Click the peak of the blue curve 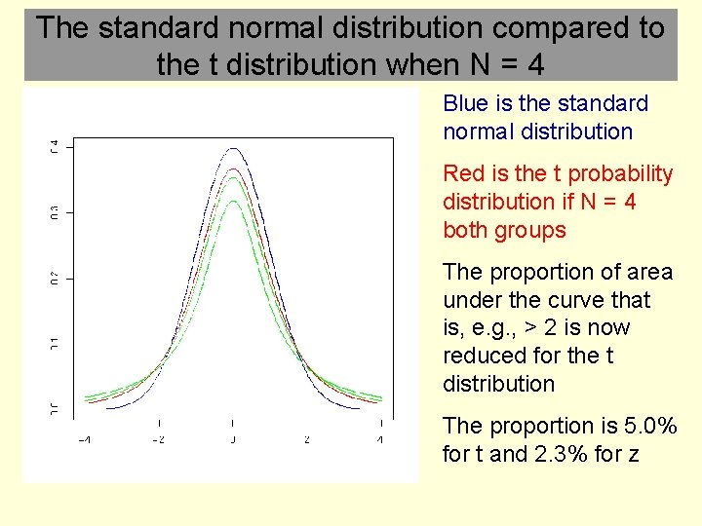[x=232, y=149]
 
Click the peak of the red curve [x=232, y=169]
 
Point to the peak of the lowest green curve [x=232, y=201]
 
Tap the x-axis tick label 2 [x=306, y=440]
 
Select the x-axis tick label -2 [x=159, y=440]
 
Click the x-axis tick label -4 [x=85, y=440]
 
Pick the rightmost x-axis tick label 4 [x=380, y=440]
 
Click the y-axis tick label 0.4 [x=55, y=146]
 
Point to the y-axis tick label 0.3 [x=55, y=211]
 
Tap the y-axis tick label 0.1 [x=55, y=343]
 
